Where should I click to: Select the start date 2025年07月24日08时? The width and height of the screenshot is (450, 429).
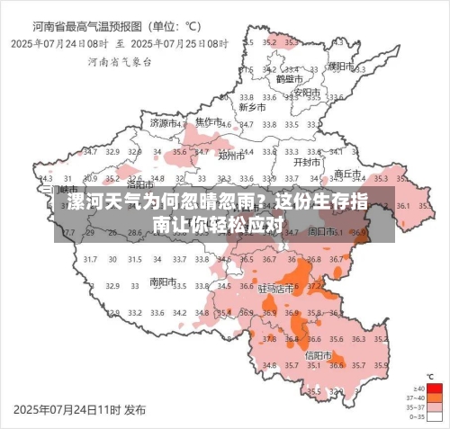(60, 42)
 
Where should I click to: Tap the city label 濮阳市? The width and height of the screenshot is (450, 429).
(340, 66)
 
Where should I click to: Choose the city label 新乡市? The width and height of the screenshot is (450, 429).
(252, 107)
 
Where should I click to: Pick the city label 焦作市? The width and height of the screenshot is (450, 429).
(210, 121)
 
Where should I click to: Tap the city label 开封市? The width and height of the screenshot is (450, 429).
(307, 163)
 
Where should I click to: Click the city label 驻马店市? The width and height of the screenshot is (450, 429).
(275, 290)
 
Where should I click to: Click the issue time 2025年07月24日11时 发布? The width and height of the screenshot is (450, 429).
(79, 409)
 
